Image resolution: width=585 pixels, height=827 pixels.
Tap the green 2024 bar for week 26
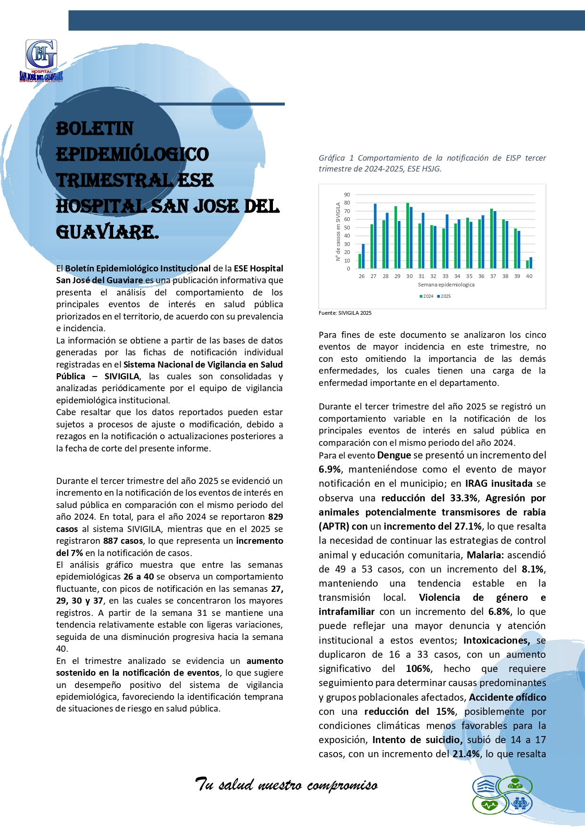[x=360, y=261]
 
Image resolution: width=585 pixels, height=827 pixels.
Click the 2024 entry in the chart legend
[x=427, y=296]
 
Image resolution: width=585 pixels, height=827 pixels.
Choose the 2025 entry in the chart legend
[x=444, y=296]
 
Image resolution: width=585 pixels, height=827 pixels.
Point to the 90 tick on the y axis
[x=347, y=195]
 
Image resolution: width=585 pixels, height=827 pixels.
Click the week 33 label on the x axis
[x=445, y=276]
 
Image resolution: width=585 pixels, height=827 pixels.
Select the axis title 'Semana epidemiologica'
[x=446, y=285]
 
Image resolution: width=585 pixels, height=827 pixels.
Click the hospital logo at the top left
[x=41, y=60]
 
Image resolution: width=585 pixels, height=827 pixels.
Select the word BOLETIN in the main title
[x=95, y=129]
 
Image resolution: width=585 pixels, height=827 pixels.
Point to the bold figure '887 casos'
[x=123, y=541]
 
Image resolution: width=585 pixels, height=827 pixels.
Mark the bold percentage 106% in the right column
[x=418, y=669]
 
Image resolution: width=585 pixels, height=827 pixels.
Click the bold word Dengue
[x=394, y=455]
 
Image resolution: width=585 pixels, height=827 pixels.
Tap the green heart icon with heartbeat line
[x=489, y=805]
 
